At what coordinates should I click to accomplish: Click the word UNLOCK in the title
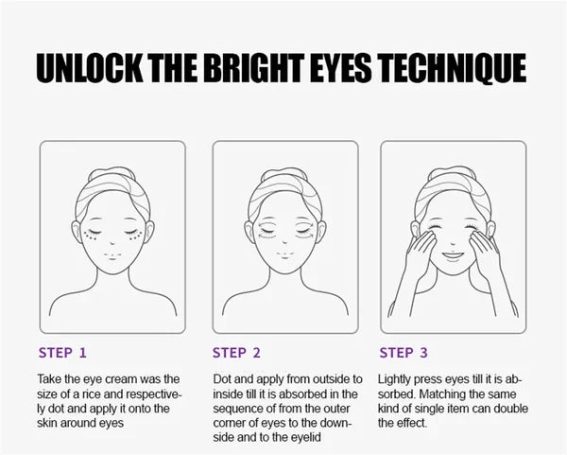pyautogui.click(x=90, y=68)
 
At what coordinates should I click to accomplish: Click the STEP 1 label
pyautogui.click(x=62, y=353)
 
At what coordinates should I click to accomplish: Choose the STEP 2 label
pyautogui.click(x=236, y=353)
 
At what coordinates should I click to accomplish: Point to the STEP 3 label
pyautogui.click(x=404, y=353)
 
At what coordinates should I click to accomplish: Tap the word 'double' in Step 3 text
pyautogui.click(x=510, y=409)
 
